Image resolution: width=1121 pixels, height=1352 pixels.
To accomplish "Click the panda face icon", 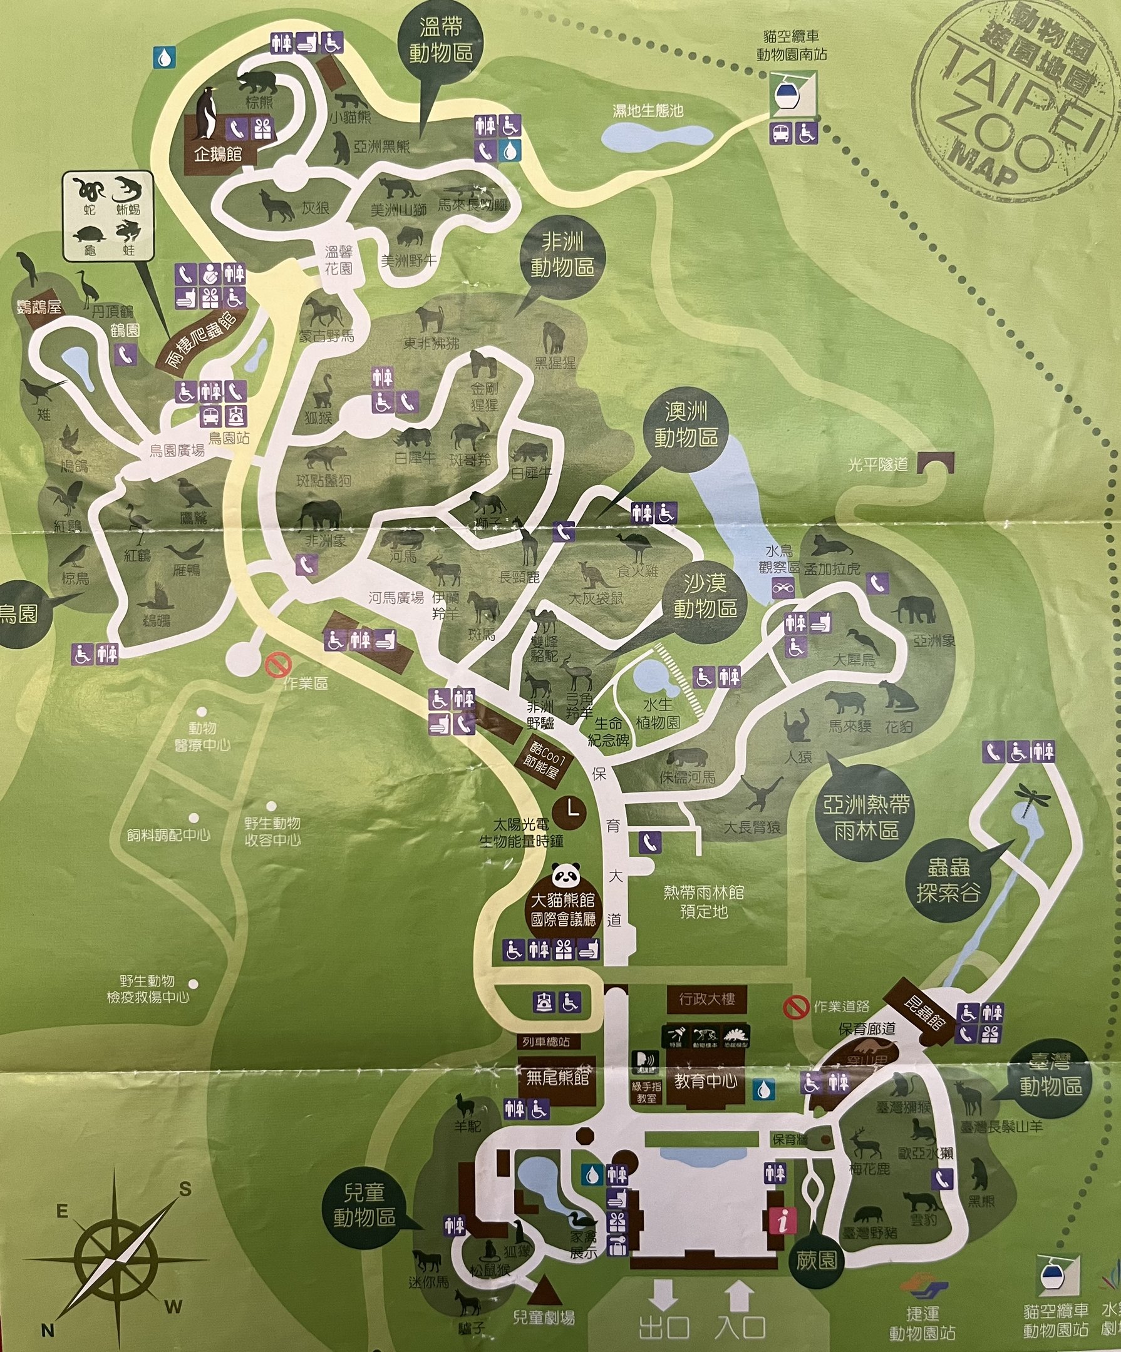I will (566, 874).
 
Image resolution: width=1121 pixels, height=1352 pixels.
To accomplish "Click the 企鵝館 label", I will (217, 155).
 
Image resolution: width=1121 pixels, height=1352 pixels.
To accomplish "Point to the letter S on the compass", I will (185, 1189).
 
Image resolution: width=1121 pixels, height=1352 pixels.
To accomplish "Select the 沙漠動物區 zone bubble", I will (705, 595).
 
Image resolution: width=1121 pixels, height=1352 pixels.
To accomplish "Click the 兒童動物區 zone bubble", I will (364, 1205).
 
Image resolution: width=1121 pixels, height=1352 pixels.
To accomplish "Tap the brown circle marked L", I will (571, 809).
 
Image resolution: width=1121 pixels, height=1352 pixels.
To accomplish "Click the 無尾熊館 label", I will (557, 1077).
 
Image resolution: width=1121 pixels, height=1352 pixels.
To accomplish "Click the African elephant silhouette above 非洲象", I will (319, 515).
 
